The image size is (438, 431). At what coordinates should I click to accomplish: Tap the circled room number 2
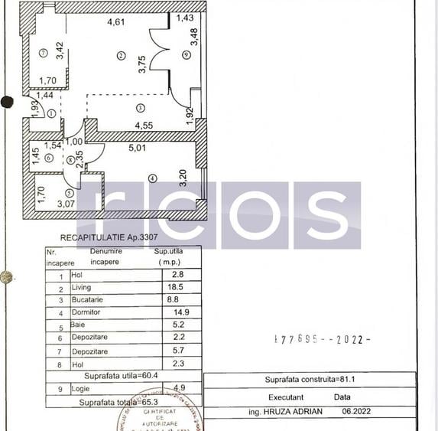tap(121, 55)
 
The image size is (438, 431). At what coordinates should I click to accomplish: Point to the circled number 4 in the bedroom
tap(152, 178)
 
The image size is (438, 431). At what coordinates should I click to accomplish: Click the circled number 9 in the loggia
tap(187, 54)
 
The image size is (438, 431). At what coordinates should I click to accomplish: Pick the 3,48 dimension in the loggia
tap(194, 36)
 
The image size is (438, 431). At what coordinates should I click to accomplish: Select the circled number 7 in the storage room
tap(44, 53)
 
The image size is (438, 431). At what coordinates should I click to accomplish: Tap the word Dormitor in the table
tap(86, 312)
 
